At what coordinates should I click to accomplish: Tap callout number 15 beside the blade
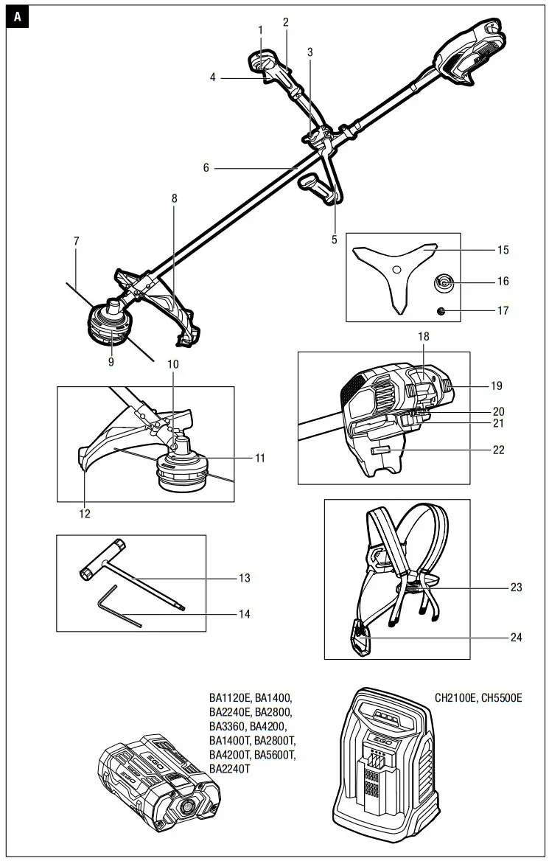point(503,251)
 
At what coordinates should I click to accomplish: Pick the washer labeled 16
point(444,282)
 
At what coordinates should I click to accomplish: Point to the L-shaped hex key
point(118,606)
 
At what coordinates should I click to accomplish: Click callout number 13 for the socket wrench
point(244,579)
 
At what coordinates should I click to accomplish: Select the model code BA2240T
point(230,768)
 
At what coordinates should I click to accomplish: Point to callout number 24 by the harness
point(516,638)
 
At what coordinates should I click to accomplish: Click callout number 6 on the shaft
point(206,168)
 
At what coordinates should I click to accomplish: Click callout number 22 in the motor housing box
point(498,450)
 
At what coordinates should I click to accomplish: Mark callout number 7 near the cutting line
point(76,241)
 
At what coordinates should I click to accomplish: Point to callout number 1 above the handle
point(260,29)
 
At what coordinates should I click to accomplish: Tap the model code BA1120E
point(230,697)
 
